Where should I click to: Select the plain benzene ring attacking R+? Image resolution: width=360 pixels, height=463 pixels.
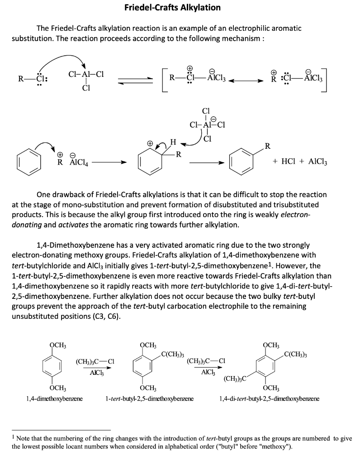coord(27,161)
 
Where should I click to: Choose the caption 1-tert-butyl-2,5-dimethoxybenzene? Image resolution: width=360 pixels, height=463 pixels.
coord(149,399)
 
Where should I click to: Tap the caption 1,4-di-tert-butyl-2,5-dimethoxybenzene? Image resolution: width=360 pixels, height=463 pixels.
coord(269,399)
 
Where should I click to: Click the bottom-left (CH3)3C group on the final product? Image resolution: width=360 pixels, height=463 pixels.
coord(236,378)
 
